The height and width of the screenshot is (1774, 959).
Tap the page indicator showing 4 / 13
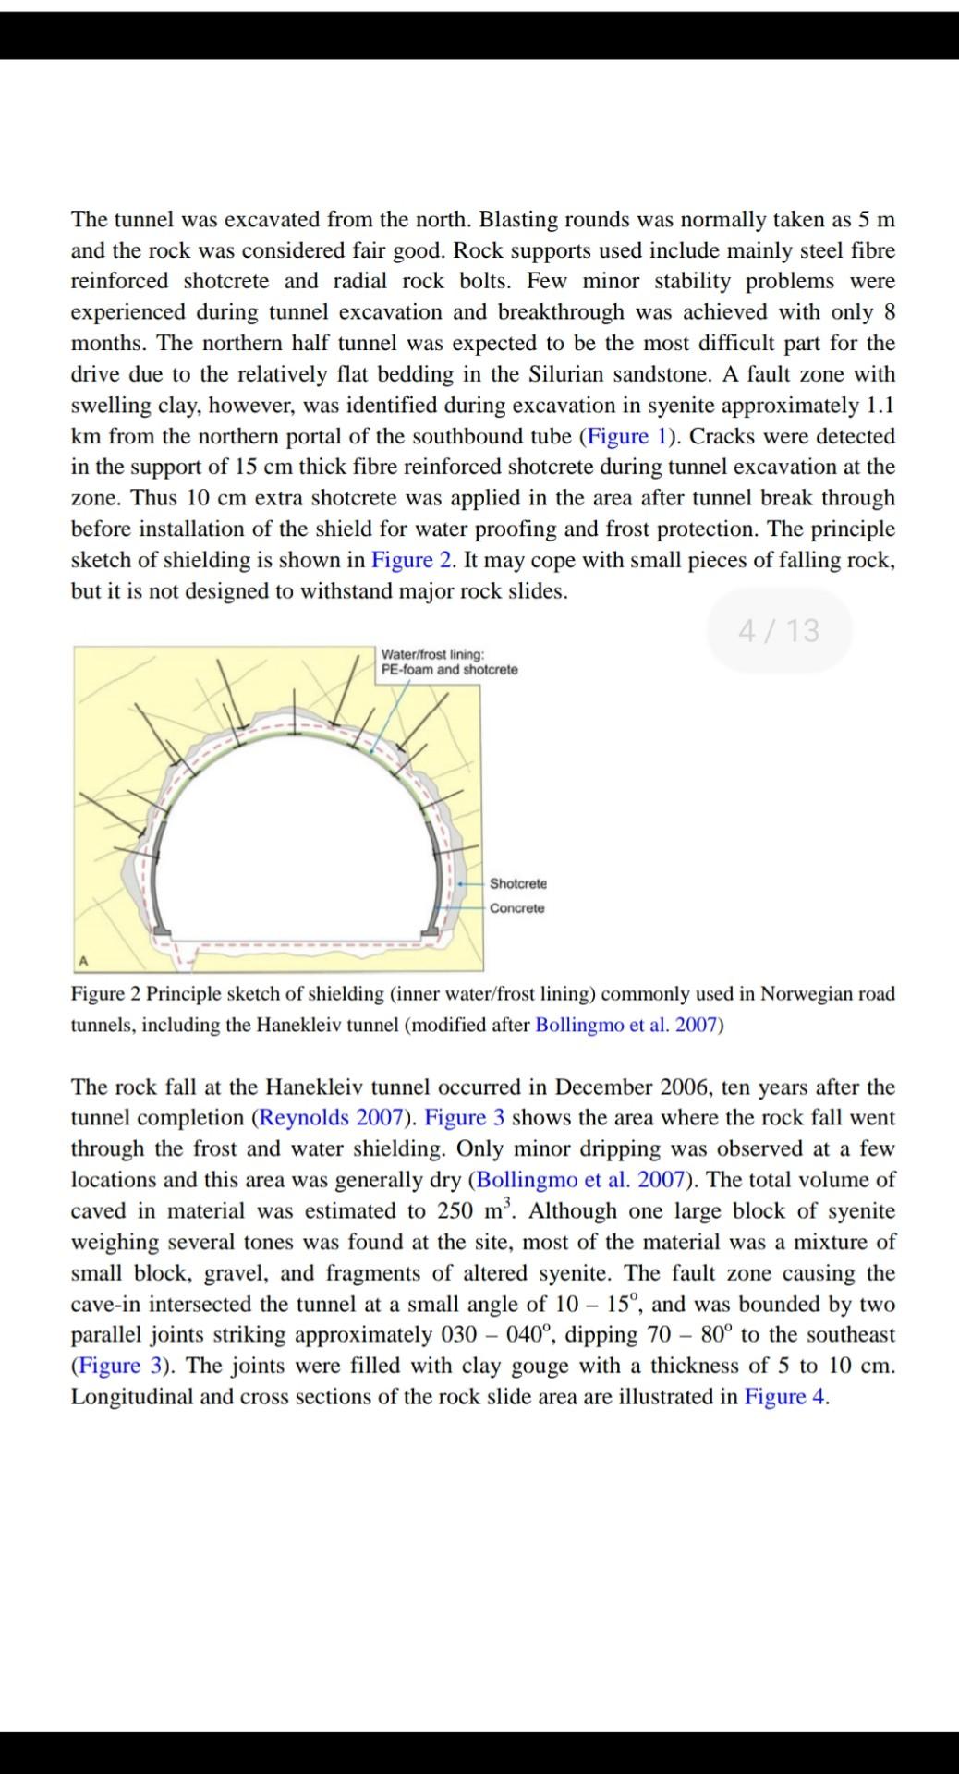click(779, 630)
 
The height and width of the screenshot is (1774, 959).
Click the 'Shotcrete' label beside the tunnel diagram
click(517, 884)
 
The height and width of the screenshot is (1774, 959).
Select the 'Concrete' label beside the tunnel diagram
click(516, 908)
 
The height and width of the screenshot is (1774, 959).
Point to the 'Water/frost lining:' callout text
click(431, 654)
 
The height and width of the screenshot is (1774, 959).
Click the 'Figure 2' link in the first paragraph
click(415, 560)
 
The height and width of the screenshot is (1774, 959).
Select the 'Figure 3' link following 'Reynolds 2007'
click(465, 1117)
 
